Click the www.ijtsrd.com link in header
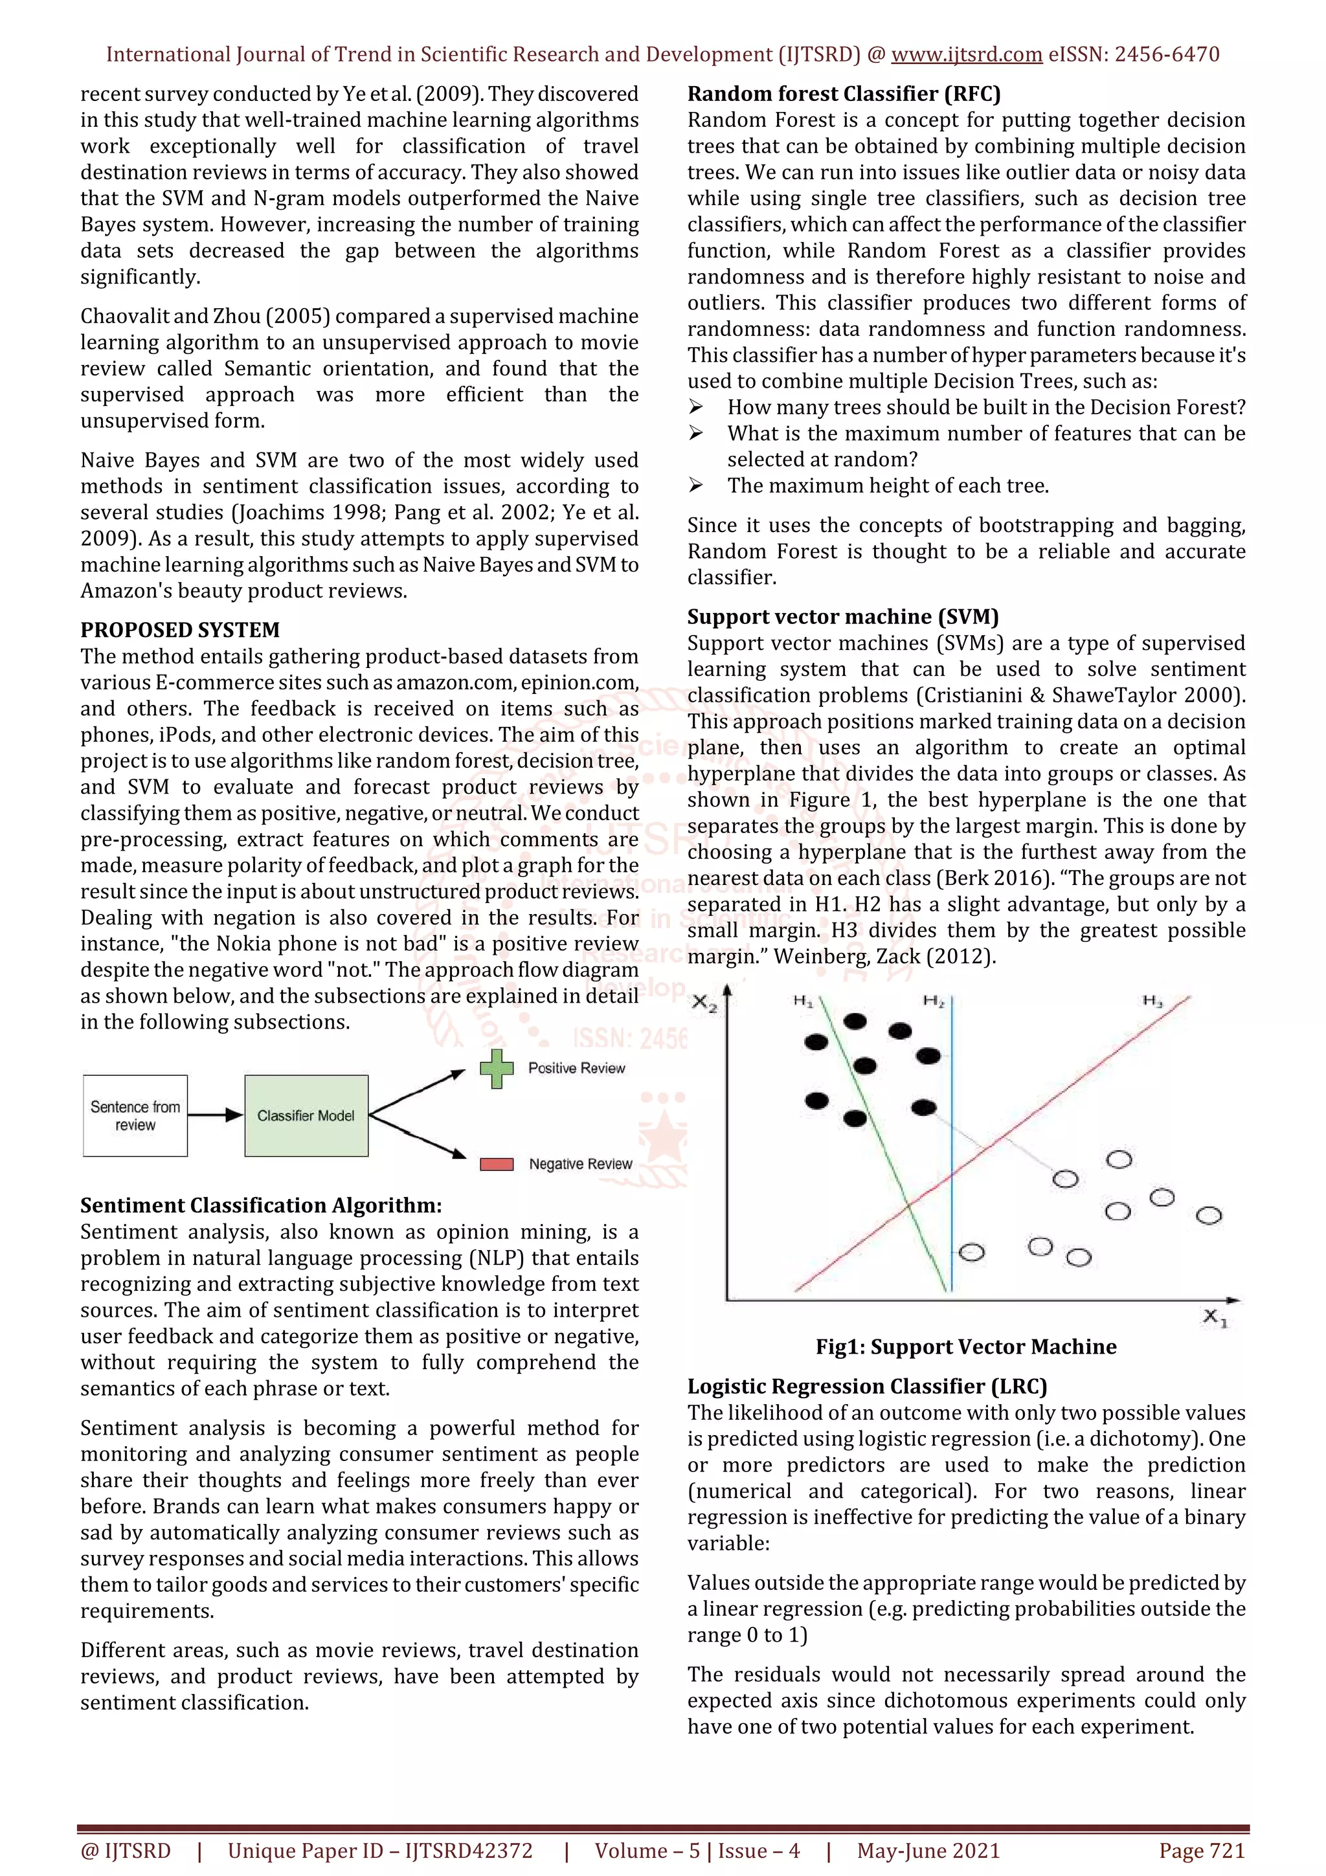point(966,55)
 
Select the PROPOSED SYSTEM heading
point(180,630)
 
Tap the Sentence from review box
point(135,1115)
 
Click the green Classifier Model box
point(306,1115)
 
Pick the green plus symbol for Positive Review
point(496,1069)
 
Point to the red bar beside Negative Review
point(496,1165)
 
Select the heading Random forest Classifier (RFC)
point(843,94)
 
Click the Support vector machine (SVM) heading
point(842,617)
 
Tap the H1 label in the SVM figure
point(802,1001)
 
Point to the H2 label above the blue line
point(934,1001)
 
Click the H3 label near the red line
point(1152,1001)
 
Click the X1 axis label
point(1215,1317)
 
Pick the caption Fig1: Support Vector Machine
point(966,1346)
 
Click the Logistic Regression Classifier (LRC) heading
point(867,1387)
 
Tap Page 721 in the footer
point(1201,1851)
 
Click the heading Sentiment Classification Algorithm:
point(261,1205)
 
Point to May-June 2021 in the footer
point(928,1851)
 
